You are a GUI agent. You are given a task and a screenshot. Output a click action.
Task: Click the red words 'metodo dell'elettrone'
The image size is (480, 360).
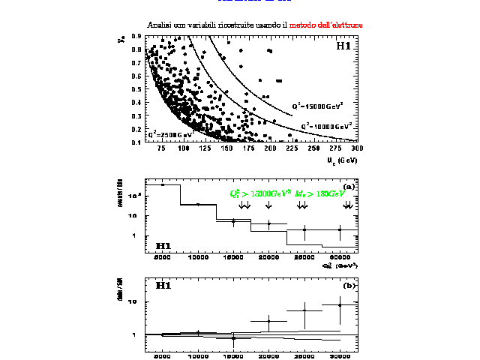point(326,25)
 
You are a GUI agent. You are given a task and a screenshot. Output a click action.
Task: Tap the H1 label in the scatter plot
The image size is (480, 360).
point(343,46)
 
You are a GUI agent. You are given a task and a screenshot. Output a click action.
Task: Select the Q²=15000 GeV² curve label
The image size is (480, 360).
point(317,106)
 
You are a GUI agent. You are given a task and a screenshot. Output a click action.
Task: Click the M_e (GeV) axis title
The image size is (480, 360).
point(342,159)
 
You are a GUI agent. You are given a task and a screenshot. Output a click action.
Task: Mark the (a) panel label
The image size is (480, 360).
point(349,186)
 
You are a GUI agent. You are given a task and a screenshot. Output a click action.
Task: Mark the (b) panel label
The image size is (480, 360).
point(349,286)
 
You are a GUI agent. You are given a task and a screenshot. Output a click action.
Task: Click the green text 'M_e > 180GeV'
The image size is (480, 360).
point(320,193)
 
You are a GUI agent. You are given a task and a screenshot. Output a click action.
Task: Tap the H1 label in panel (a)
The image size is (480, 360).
point(163,245)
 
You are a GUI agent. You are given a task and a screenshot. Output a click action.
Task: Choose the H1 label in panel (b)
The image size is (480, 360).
point(163,286)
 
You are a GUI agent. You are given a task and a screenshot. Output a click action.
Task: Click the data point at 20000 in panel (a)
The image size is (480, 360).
point(269,223)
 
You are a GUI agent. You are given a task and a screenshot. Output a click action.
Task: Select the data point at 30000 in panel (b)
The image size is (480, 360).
point(340,304)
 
